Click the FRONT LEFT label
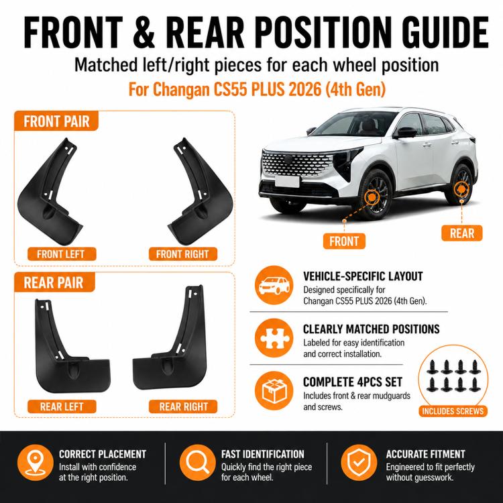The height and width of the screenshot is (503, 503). (x=62, y=254)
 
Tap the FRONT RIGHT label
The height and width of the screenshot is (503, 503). (x=183, y=254)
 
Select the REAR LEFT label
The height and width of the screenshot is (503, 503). (x=62, y=406)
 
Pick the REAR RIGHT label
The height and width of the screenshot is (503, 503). (x=183, y=406)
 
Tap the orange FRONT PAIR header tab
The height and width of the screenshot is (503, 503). (x=56, y=121)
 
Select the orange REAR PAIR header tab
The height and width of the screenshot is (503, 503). (x=54, y=282)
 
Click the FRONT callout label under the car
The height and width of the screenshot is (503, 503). (x=344, y=241)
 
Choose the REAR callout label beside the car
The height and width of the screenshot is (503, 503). (x=461, y=233)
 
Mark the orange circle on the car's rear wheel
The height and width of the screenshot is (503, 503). (x=461, y=189)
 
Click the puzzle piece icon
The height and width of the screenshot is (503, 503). (x=274, y=338)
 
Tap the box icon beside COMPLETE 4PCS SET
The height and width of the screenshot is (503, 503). (x=274, y=391)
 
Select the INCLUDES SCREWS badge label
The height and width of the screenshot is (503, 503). (x=453, y=411)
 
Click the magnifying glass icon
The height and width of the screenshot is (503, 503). (x=198, y=463)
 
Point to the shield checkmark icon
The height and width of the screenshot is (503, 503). (x=359, y=463)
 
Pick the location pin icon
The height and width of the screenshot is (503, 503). (x=36, y=463)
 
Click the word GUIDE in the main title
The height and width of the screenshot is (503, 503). (x=442, y=33)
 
